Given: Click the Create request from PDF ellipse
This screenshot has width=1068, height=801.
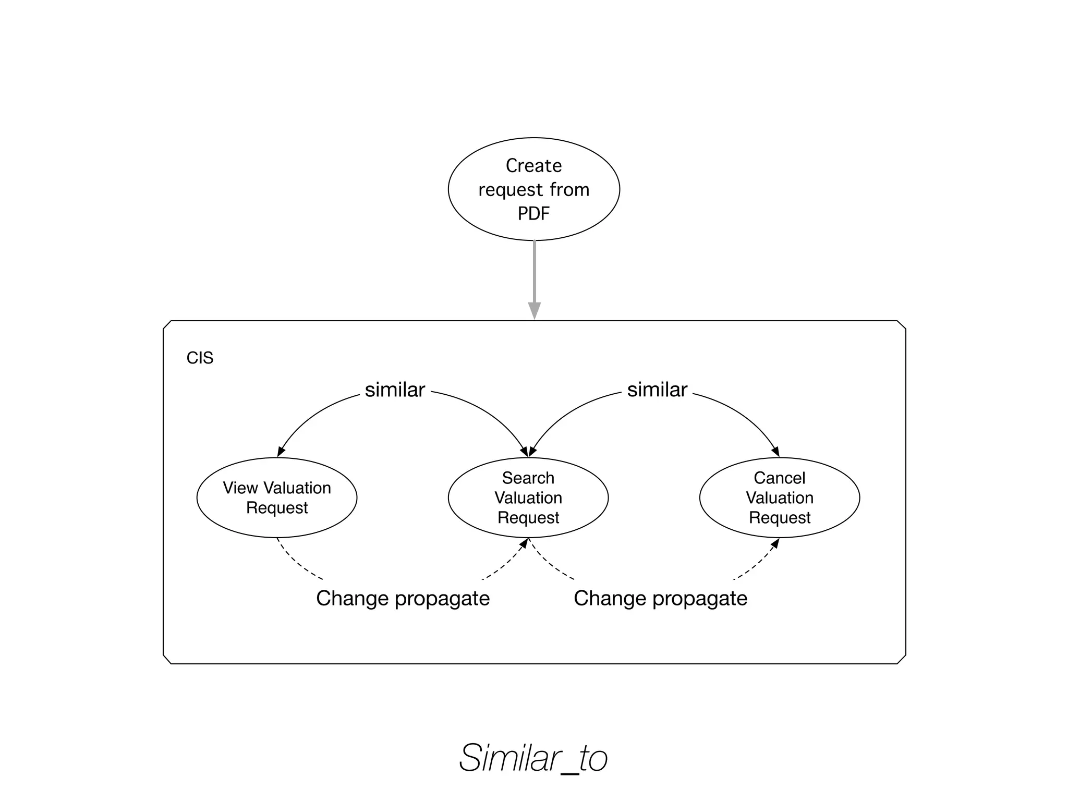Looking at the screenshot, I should point(533,189).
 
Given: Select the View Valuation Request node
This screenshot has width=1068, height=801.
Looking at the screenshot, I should point(277,497).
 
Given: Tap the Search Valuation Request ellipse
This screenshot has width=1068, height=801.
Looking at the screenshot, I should point(528,497).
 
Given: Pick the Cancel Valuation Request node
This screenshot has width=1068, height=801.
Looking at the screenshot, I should point(779,497).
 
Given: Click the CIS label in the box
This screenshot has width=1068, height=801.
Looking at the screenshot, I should point(200,358).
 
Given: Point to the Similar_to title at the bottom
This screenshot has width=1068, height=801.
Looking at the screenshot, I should point(533,758).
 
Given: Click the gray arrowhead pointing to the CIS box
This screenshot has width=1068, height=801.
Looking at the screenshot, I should point(534,310).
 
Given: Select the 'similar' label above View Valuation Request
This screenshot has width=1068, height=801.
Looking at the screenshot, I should point(395,390).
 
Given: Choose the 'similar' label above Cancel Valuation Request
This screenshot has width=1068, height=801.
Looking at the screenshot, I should point(657,390).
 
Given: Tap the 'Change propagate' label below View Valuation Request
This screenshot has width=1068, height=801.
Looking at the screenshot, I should point(403,598).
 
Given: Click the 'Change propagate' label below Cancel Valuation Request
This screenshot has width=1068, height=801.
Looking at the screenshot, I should point(660,598).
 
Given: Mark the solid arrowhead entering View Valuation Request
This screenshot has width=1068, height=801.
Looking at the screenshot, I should point(281,452).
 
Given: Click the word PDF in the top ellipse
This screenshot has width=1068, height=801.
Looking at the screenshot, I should point(533,213).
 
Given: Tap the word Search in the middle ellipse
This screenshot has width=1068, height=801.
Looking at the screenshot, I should point(528,478).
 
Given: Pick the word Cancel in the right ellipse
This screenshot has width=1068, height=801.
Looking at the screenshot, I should point(779,478).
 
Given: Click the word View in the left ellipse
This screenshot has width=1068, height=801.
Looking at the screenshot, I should point(240,488).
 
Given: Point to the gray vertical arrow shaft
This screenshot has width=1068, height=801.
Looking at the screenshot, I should point(534,271).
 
